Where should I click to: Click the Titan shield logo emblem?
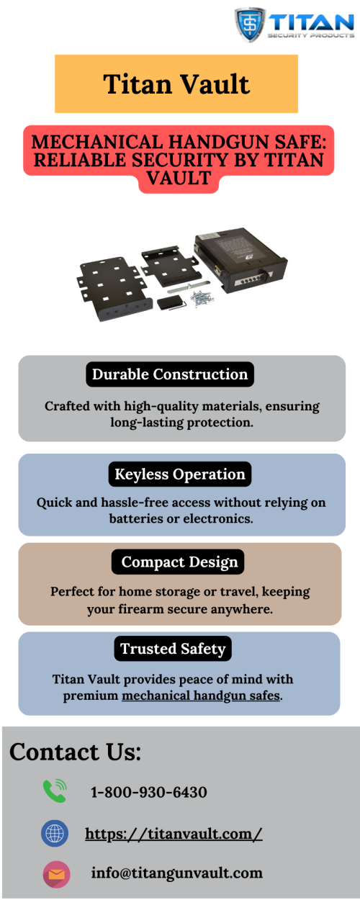pyautogui.click(x=250, y=24)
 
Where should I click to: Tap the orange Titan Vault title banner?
pyautogui.click(x=176, y=84)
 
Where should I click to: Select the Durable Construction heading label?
pyautogui.click(x=170, y=374)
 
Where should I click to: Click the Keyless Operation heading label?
pyautogui.click(x=180, y=474)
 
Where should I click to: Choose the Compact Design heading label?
pyautogui.click(x=178, y=562)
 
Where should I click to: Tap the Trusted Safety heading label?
pyautogui.click(x=173, y=649)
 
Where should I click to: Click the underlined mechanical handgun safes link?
pyautogui.click(x=201, y=695)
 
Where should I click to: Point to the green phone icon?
pyautogui.click(x=55, y=791)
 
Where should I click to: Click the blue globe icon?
pyautogui.click(x=55, y=833)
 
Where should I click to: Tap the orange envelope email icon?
pyautogui.click(x=57, y=874)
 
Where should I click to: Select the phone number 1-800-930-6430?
pyautogui.click(x=149, y=792)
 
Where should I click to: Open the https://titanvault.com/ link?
pyautogui.click(x=174, y=833)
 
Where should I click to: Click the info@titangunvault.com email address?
pyautogui.click(x=177, y=873)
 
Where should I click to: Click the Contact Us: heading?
pyautogui.click(x=75, y=752)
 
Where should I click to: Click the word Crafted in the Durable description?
pyautogui.click(x=67, y=406)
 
